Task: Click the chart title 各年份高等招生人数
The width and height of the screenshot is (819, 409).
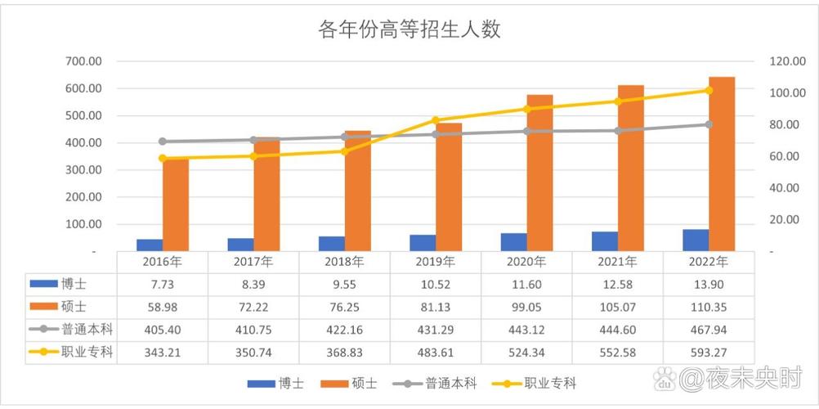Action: coord(409,30)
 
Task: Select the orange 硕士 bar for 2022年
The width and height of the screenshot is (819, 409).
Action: coord(721,164)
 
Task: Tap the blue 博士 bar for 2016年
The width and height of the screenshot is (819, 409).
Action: coord(150,245)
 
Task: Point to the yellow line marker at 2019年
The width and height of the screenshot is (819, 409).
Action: coord(435,121)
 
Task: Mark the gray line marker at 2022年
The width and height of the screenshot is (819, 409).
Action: coord(709,124)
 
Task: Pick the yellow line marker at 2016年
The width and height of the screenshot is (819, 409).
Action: coord(163,159)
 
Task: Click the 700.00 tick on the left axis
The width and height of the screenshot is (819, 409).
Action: coord(84,61)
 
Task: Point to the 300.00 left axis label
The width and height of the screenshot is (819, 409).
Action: coord(84,170)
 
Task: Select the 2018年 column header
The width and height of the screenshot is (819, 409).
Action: coord(344,262)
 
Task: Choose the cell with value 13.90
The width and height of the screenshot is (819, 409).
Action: coord(709,283)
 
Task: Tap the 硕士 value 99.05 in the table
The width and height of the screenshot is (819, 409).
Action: coord(526,307)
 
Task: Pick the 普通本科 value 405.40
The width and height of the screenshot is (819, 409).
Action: coord(162,330)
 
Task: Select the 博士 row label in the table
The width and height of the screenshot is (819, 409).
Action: coord(71,283)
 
